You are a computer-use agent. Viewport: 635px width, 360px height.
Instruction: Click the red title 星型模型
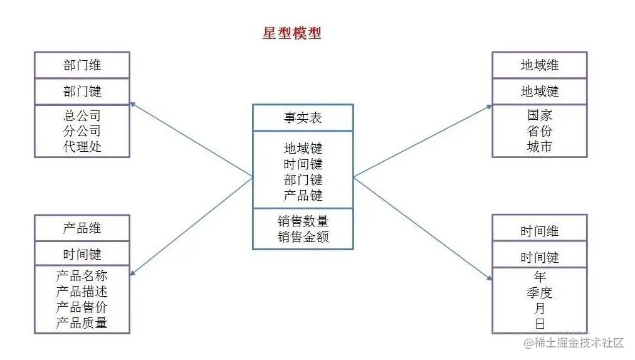point(291,33)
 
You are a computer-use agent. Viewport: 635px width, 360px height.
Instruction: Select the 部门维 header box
point(82,65)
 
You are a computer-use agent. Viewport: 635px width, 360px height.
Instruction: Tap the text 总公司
point(82,116)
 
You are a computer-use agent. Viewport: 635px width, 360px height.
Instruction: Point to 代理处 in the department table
point(82,147)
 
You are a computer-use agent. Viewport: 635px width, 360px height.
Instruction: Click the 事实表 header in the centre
point(303,118)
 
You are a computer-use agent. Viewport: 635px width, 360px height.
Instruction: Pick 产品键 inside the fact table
point(303,196)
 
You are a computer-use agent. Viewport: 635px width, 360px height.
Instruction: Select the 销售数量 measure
point(303,221)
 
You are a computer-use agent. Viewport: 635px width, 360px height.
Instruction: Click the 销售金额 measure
point(303,236)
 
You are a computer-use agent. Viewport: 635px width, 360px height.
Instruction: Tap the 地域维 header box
point(539,65)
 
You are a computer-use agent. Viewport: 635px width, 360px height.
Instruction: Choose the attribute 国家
point(540,116)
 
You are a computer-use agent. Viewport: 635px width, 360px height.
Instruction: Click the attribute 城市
point(540,147)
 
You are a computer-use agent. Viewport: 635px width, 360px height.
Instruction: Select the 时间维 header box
point(539,231)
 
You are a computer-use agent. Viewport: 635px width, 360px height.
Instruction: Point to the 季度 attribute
point(540,293)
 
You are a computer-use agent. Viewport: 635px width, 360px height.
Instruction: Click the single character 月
point(540,309)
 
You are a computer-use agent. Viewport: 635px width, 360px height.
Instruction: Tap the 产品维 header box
point(82,228)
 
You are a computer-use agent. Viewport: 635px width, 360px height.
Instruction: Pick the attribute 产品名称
point(82,276)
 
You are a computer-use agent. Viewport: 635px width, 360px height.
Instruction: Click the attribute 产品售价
point(82,307)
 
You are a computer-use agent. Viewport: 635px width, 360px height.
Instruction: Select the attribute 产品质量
point(82,323)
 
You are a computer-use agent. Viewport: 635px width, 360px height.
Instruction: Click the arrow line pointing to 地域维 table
point(423,141)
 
